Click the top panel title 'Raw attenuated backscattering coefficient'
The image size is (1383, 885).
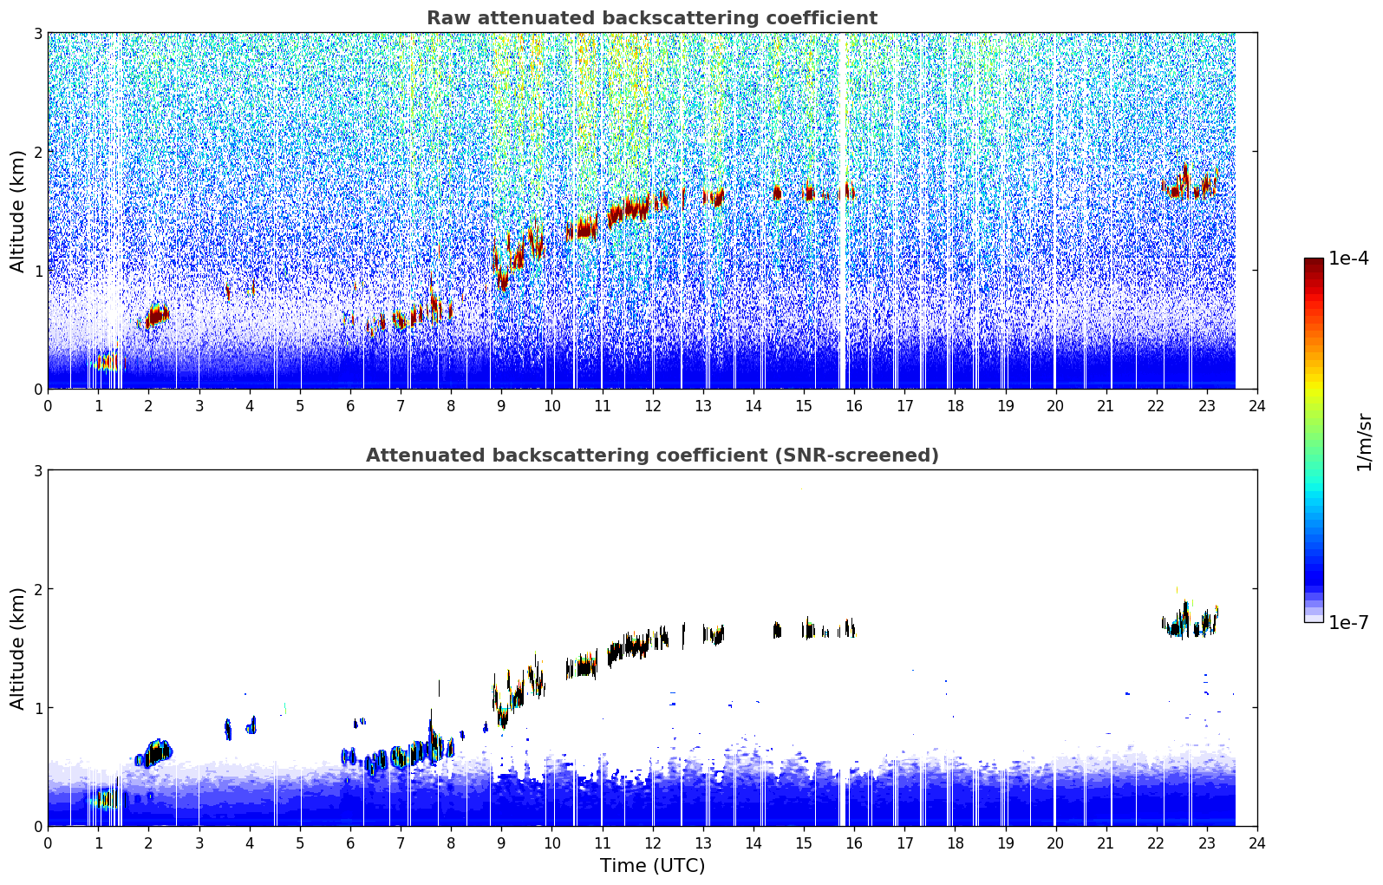652,18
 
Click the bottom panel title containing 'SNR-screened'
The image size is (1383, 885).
652,455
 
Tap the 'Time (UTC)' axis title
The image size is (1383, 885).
652,865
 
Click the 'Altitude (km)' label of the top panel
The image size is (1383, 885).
17,212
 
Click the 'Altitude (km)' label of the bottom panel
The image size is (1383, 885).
17,648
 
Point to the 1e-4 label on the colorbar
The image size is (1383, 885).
1347,259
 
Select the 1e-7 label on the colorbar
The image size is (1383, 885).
1347,622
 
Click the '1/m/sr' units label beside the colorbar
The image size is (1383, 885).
1364,442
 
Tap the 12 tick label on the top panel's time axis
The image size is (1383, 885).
653,406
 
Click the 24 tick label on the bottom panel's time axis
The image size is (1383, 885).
1257,843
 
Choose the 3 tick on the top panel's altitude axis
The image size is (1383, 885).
37,33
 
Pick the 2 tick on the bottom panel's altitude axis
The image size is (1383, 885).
37,589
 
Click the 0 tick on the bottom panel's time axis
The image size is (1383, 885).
49,843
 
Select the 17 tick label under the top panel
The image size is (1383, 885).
904,406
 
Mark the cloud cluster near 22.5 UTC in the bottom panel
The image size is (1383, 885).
1190,619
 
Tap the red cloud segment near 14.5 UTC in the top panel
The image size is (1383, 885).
777,193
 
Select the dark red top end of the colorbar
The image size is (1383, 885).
1314,263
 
